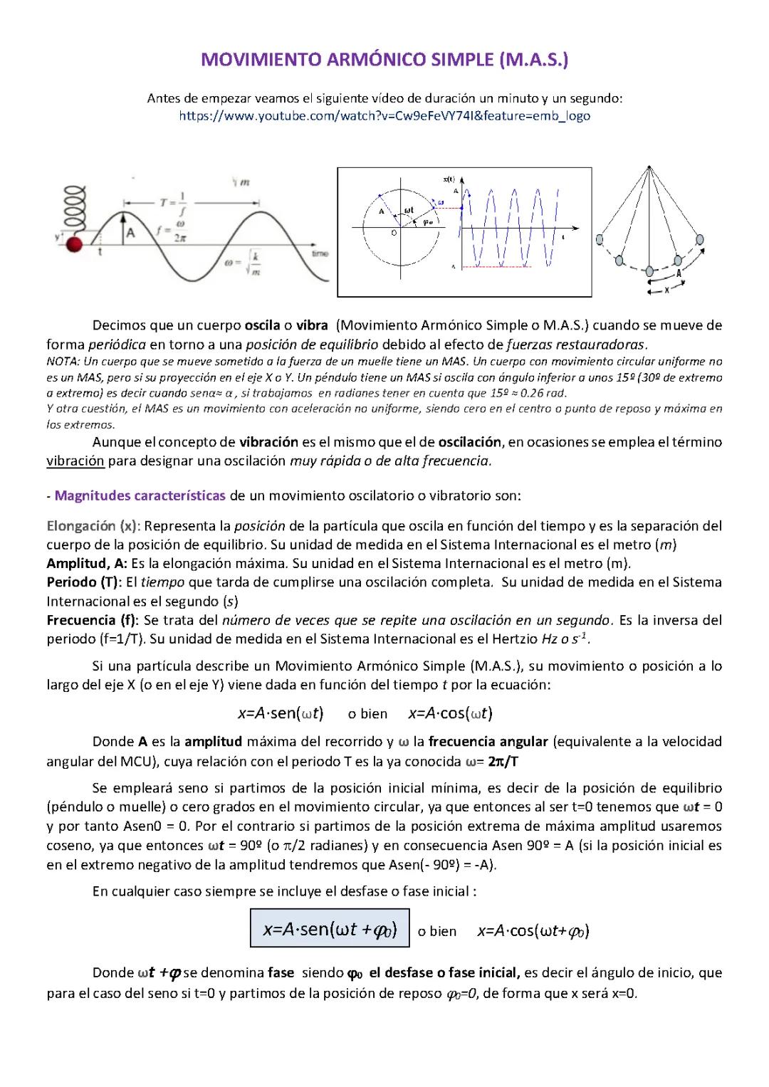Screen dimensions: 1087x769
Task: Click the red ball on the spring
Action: (73, 245)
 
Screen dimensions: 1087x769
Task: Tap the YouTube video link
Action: (384, 116)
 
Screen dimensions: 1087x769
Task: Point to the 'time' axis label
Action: (320, 254)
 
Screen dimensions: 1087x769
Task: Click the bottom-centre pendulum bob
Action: (649, 271)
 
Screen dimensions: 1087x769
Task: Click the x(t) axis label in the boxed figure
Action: (449, 179)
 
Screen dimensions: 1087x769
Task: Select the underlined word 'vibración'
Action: (75, 461)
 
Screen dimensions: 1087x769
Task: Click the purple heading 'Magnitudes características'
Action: (140, 495)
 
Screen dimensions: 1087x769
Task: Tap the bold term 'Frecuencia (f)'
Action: (92, 620)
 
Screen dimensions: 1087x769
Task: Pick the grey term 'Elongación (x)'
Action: (92, 526)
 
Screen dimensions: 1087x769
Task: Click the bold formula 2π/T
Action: (503, 762)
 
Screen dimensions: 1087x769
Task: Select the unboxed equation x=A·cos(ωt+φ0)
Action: (533, 930)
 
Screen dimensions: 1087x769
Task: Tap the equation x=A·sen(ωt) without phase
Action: (281, 713)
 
